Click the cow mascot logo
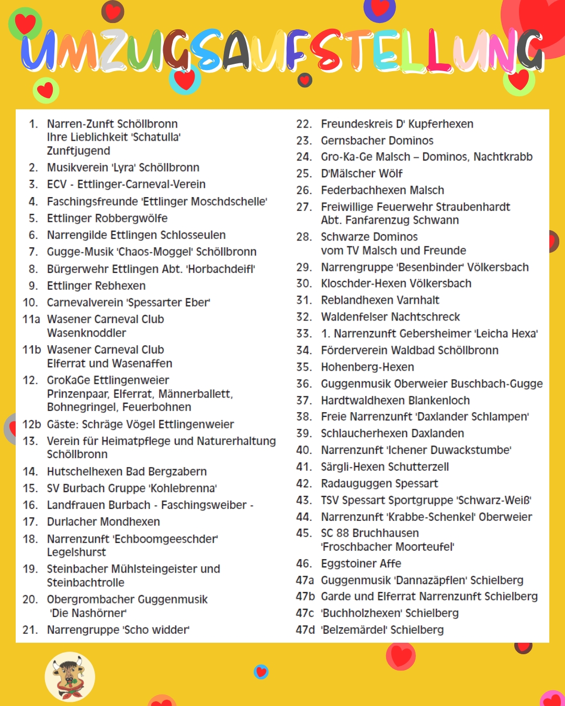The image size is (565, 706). pyautogui.click(x=70, y=677)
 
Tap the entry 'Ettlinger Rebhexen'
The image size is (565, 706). pyautogui.click(x=96, y=286)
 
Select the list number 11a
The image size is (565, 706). pyautogui.click(x=31, y=319)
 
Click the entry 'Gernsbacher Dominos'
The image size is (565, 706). pyautogui.click(x=377, y=141)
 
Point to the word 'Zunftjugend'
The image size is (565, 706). pyautogui.click(x=78, y=151)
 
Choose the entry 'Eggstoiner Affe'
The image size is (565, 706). pyautogui.click(x=361, y=563)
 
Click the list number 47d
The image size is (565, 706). pyautogui.click(x=305, y=630)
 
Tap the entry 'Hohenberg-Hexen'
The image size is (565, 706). pyautogui.click(x=367, y=367)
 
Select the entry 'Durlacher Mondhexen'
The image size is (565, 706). pyautogui.click(x=104, y=521)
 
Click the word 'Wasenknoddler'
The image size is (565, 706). pyautogui.click(x=86, y=333)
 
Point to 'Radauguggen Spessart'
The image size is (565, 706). pyautogui.click(x=379, y=483)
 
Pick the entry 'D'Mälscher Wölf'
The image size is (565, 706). pyautogui.click(x=361, y=173)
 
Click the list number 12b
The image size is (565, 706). pyautogui.click(x=31, y=424)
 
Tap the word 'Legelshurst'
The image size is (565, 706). pyautogui.click(x=76, y=552)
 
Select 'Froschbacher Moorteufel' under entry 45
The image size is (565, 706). pyautogui.click(x=388, y=546)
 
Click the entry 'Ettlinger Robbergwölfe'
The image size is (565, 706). pyautogui.click(x=107, y=218)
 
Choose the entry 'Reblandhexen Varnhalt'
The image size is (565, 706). pyautogui.click(x=380, y=300)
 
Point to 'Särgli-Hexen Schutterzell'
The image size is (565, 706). pyautogui.click(x=385, y=466)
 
